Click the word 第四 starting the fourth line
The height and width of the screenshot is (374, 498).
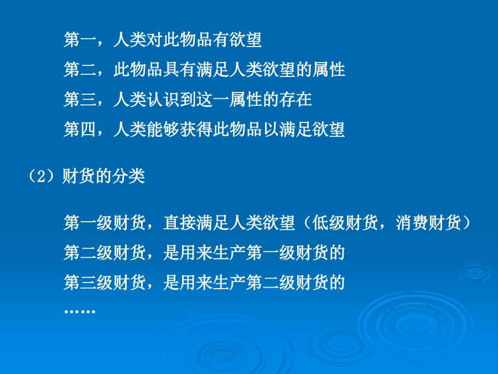(x=80, y=130)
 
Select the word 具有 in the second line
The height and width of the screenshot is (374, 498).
(x=179, y=70)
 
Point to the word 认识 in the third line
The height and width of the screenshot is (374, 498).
(x=163, y=100)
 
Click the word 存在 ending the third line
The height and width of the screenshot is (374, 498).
(x=295, y=100)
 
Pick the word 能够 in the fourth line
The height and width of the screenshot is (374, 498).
(x=163, y=130)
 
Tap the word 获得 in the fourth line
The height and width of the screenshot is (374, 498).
(x=196, y=130)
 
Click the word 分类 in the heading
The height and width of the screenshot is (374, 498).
(x=129, y=176)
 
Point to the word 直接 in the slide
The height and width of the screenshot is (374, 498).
(x=179, y=223)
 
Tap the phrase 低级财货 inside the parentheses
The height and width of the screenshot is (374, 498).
(x=345, y=223)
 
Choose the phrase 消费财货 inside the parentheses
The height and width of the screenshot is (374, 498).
(x=428, y=223)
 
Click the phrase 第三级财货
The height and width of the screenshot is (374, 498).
(x=105, y=283)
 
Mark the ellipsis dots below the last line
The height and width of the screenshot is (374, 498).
(x=80, y=311)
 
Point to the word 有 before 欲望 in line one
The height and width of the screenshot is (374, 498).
(x=221, y=40)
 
